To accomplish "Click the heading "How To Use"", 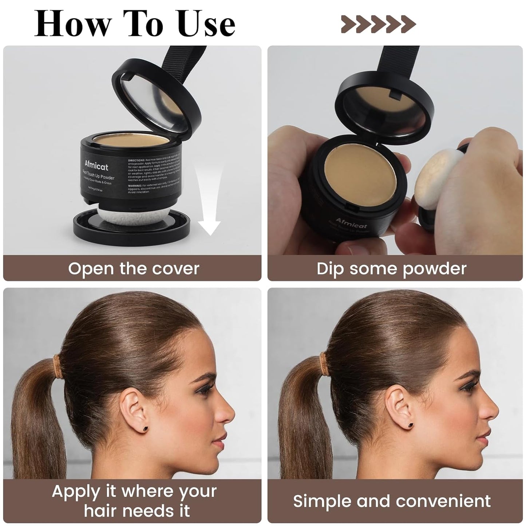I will pyautogui.click(x=135, y=24).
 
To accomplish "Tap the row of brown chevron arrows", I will pyautogui.click(x=378, y=24).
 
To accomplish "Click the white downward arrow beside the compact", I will pyautogui.click(x=209, y=204).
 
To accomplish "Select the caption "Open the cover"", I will pyautogui.click(x=134, y=269).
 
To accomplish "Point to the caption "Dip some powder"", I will pyautogui.click(x=391, y=269).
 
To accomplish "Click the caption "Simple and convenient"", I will pyautogui.click(x=392, y=501).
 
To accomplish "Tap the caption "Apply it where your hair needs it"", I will pyautogui.click(x=134, y=501).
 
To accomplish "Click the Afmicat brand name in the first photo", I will pyautogui.click(x=96, y=166).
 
